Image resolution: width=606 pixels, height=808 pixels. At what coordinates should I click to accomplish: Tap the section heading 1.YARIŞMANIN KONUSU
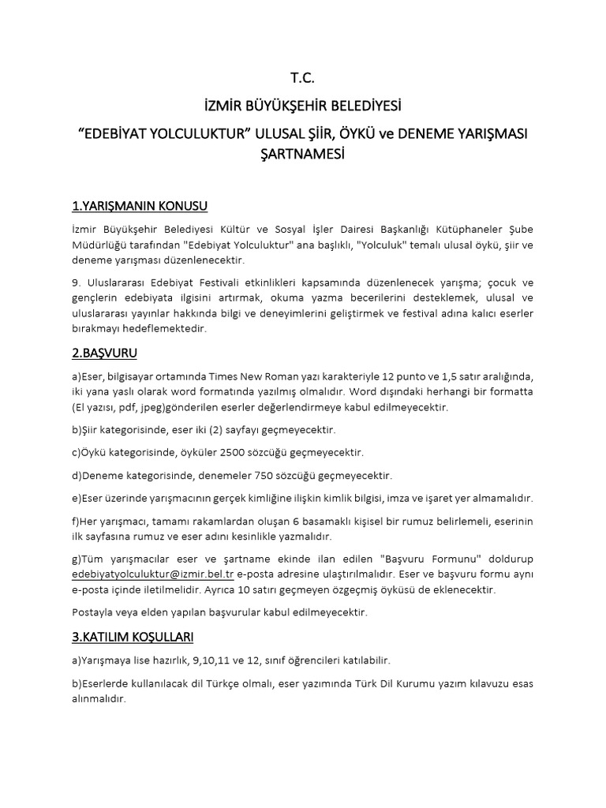click(139, 206)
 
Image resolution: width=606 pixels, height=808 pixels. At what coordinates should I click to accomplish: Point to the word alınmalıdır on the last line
click(99, 698)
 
